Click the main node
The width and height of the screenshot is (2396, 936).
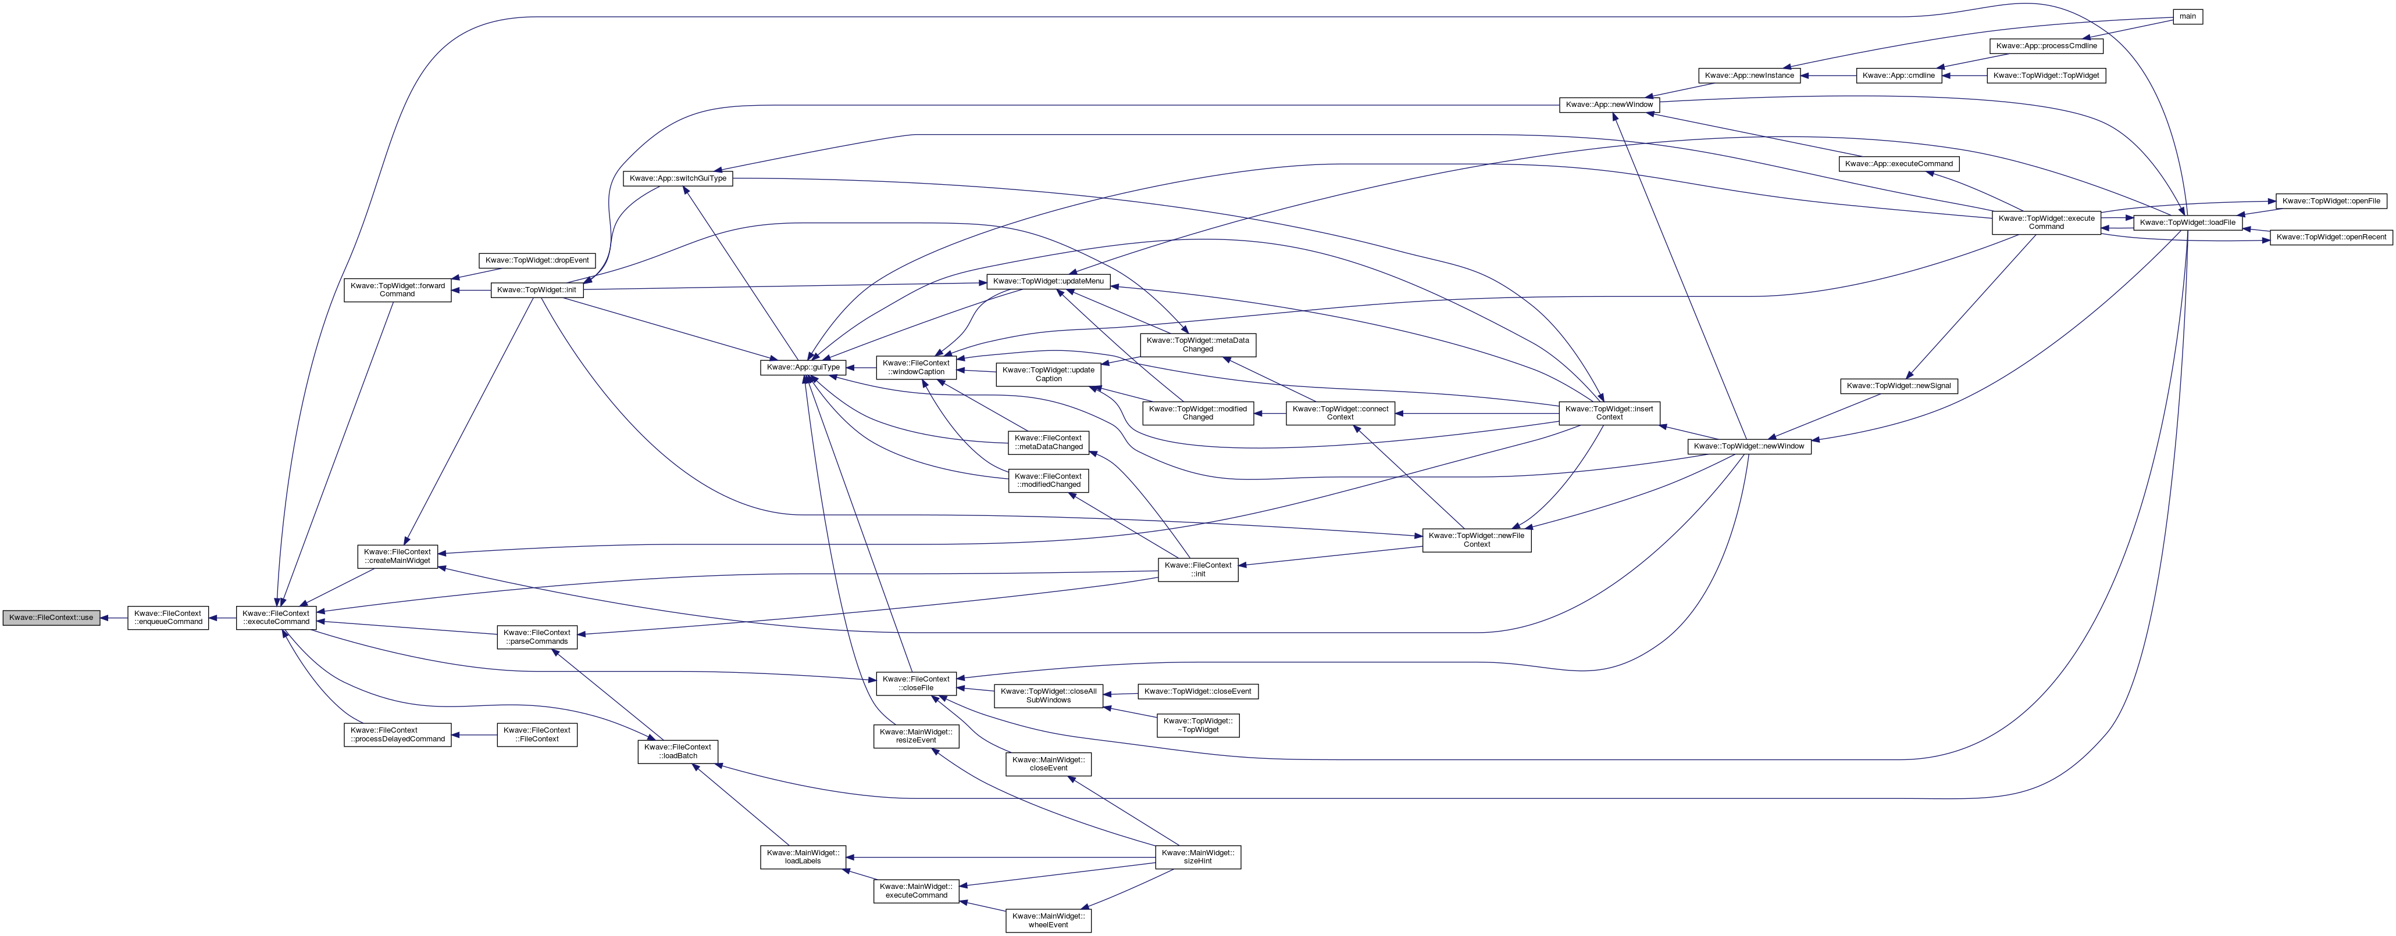click(x=2188, y=17)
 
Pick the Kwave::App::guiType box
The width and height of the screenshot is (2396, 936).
click(x=804, y=367)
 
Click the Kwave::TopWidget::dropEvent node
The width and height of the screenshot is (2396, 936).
click(x=537, y=260)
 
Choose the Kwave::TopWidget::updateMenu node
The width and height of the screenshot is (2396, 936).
click(x=1048, y=281)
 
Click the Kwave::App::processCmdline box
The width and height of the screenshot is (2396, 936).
click(x=2046, y=45)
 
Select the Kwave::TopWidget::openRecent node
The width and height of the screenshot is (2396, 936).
click(x=2331, y=237)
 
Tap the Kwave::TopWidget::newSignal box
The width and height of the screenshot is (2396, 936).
click(x=1898, y=386)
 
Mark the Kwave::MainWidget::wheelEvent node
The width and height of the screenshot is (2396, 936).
click(x=1048, y=920)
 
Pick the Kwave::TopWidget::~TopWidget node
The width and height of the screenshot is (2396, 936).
click(x=1198, y=725)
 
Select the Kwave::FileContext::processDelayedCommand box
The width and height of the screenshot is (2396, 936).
click(x=397, y=734)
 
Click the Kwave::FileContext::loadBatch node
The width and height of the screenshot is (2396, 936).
click(x=678, y=751)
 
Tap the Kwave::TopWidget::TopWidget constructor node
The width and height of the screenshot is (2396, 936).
click(x=2046, y=76)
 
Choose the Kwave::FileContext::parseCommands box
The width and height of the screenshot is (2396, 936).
click(x=537, y=637)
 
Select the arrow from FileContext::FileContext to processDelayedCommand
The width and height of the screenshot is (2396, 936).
click(x=475, y=734)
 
